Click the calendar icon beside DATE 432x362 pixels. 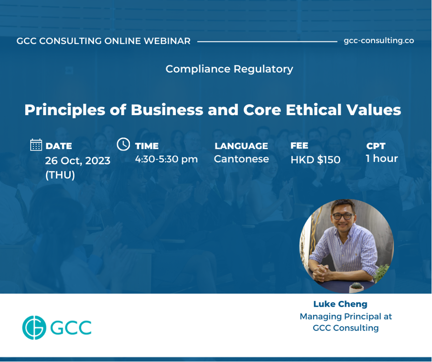(36, 145)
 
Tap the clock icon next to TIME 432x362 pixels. (123, 144)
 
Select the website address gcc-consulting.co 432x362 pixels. (379, 41)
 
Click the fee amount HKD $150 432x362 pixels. (315, 160)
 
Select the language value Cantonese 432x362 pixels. (241, 159)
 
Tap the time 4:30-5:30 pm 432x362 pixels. (166, 159)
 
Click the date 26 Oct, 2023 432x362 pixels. (78, 160)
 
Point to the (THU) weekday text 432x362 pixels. (60, 175)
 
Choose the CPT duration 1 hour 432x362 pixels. (382, 158)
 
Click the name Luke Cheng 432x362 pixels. (340, 304)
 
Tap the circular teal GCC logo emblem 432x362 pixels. (34, 327)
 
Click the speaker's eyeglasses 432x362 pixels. (343, 216)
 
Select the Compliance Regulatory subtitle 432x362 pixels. (229, 69)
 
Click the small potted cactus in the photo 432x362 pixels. (356, 287)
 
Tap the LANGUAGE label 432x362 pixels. (241, 146)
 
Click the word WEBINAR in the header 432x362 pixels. (167, 41)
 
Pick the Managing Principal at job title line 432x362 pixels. (346, 317)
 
